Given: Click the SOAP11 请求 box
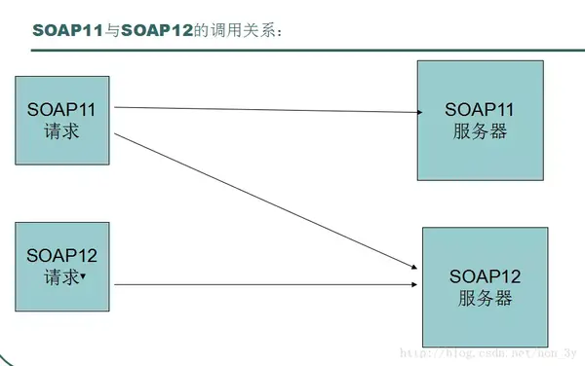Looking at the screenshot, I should [61, 120].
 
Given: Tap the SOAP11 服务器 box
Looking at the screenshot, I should [481, 120].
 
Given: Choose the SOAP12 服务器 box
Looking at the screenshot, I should [485, 287].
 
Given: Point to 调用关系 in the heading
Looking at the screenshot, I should [244, 32].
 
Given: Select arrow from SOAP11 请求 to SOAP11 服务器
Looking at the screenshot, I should [263, 109].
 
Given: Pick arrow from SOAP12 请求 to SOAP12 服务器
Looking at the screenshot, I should [263, 285].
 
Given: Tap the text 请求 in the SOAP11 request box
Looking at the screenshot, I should [61, 130].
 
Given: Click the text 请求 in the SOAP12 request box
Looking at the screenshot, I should [61, 277].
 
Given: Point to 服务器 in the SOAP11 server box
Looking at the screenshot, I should [481, 132].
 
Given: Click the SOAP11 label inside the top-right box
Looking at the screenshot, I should [481, 110].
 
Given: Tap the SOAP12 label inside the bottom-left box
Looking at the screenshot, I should [61, 256].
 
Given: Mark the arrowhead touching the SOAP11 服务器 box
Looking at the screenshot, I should [413, 111].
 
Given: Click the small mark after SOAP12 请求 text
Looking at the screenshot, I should [84, 276].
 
